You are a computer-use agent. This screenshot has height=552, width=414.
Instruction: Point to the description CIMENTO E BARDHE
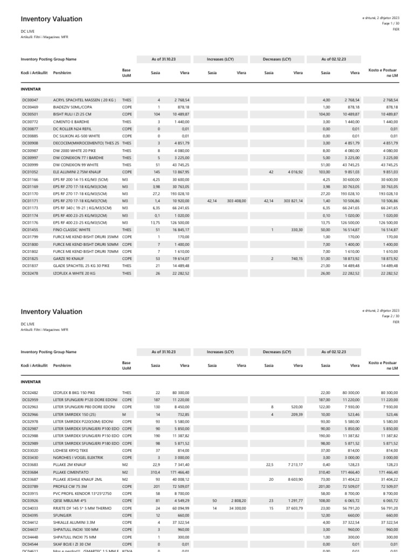tap(71, 122)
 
